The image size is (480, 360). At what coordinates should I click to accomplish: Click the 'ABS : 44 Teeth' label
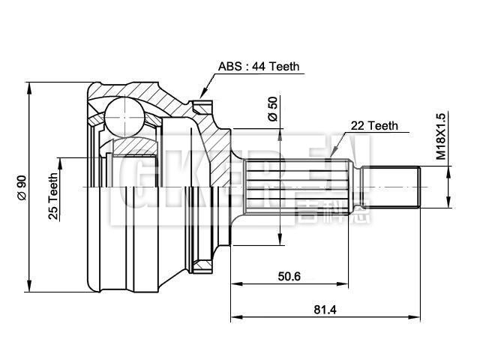(x=259, y=67)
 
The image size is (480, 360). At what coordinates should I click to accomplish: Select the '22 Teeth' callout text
(x=373, y=127)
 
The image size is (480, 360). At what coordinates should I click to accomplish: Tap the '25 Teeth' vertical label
(x=53, y=196)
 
